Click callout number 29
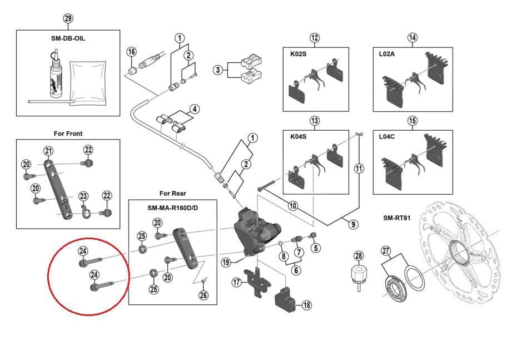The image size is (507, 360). (x=68, y=19)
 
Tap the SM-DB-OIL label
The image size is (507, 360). (x=68, y=38)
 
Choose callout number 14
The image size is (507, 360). (x=412, y=38)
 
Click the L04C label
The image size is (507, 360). (x=387, y=135)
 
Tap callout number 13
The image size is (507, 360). (x=315, y=121)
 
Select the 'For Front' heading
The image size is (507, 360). (x=68, y=134)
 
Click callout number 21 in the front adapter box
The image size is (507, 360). (x=48, y=151)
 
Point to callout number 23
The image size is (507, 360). (x=83, y=196)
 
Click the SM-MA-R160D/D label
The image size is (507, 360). (x=172, y=208)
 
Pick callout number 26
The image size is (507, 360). (x=203, y=295)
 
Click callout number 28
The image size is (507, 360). (x=359, y=256)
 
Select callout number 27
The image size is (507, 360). (x=386, y=250)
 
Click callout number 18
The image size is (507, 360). (x=306, y=305)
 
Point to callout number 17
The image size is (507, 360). (x=236, y=282)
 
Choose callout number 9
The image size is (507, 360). (x=354, y=225)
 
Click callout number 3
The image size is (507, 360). (x=218, y=70)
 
